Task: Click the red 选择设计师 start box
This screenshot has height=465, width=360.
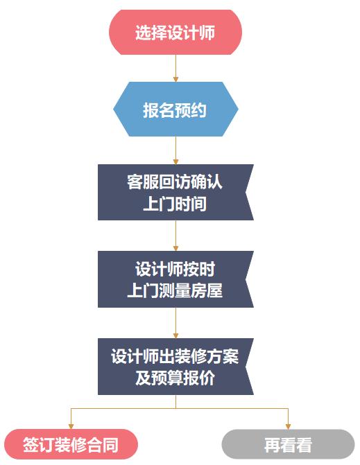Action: click(175, 32)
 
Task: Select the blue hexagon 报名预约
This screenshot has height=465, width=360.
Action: click(175, 109)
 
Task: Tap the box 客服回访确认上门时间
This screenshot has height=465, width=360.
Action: click(175, 192)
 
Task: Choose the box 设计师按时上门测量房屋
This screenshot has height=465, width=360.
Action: click(175, 279)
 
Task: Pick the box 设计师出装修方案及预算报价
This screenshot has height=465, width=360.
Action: click(175, 366)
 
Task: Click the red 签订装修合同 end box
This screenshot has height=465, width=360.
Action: click(71, 444)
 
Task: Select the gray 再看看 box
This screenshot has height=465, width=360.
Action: click(288, 444)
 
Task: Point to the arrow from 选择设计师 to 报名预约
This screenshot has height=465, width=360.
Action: click(175, 68)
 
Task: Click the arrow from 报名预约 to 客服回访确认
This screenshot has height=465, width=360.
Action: click(175, 150)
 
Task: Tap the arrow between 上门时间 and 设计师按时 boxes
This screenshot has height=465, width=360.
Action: click(175, 236)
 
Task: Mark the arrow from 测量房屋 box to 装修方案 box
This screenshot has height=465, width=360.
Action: click(175, 323)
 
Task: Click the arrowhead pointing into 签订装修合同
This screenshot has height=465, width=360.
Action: click(71, 426)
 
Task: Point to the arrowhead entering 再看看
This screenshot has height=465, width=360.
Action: click(288, 426)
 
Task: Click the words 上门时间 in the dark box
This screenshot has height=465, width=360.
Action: click(175, 204)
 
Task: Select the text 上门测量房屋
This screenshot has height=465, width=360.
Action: click(175, 290)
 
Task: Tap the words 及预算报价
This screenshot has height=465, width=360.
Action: click(175, 378)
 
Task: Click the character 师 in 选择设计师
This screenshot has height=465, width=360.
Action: click(207, 33)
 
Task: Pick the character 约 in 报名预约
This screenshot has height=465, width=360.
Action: click(198, 110)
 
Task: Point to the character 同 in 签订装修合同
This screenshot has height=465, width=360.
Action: click(111, 445)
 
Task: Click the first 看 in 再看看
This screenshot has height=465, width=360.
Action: click(288, 445)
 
